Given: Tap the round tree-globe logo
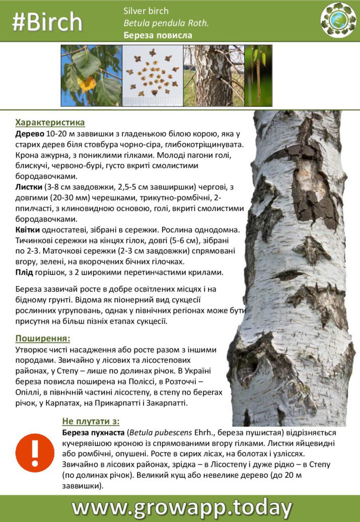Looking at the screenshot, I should [338, 20].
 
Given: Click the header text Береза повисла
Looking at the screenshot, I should [158, 35].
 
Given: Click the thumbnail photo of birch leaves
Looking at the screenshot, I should [91, 75].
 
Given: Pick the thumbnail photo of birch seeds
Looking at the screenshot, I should [152, 75].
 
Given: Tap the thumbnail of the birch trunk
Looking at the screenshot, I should [214, 75].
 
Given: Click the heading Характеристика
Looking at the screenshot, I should [50, 122].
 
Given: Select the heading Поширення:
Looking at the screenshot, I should [43, 338].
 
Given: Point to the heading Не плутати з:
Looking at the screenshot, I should [91, 421].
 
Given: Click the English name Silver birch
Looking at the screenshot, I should [146, 11].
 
